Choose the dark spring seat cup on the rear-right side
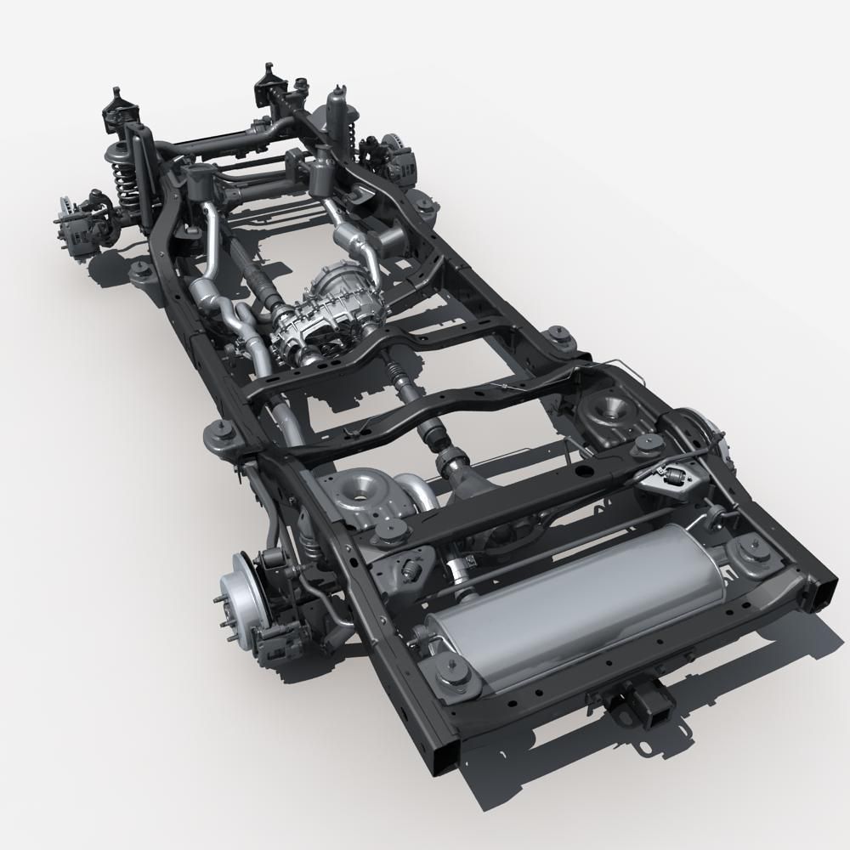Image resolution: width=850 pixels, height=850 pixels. point(609,408)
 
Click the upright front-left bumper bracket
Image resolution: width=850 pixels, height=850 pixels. point(115,110)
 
